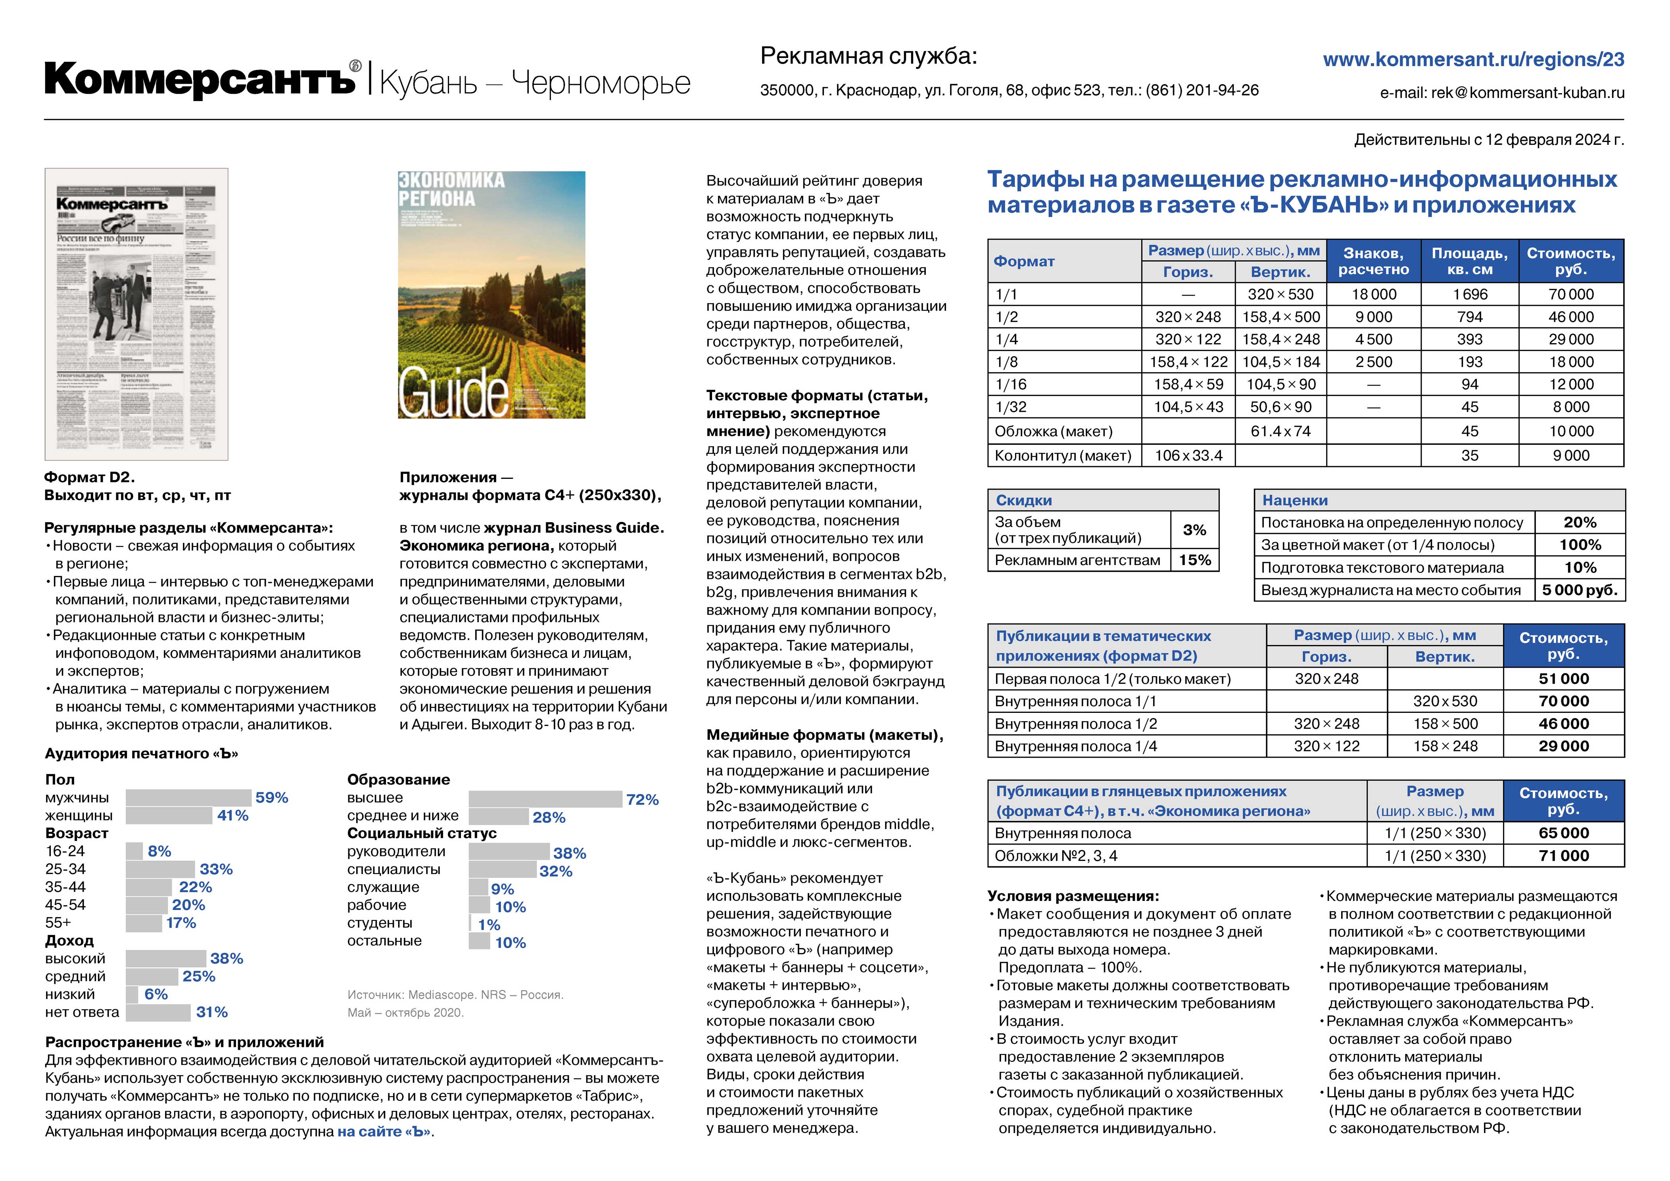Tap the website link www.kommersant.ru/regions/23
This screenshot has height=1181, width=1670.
tap(1473, 60)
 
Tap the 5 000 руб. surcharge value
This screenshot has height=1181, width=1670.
tap(1580, 590)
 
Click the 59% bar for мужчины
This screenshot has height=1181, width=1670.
tap(188, 798)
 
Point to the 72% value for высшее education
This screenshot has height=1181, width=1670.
tap(642, 800)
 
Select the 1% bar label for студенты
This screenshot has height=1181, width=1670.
tap(489, 925)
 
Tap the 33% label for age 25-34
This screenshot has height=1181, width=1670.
tap(216, 869)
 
